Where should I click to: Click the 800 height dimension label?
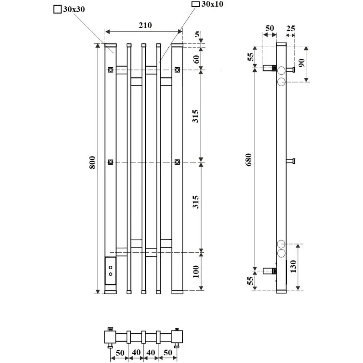[x=92, y=162]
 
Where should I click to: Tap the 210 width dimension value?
[x=145, y=25]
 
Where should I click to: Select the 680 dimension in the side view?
[x=249, y=160]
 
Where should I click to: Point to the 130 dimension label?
[x=293, y=266]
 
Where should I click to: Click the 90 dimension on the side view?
[x=301, y=63]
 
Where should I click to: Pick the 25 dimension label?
[x=290, y=29]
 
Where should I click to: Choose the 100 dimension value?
[x=196, y=271]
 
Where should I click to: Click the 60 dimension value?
[x=196, y=59]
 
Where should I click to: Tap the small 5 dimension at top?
[x=197, y=34]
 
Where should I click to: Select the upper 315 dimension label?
[x=196, y=116]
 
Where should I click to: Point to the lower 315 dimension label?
[x=196, y=202]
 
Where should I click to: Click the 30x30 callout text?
[x=74, y=9]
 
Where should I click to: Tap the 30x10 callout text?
[x=212, y=4]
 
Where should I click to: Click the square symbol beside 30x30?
[x=58, y=10]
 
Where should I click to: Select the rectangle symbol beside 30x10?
[x=196, y=4]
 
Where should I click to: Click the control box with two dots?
[x=110, y=270]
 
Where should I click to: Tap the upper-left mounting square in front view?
[x=110, y=69]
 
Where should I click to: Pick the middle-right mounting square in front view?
[x=177, y=162]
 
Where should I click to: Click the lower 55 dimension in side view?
[x=250, y=281]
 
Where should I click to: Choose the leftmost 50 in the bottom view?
[x=120, y=353]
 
